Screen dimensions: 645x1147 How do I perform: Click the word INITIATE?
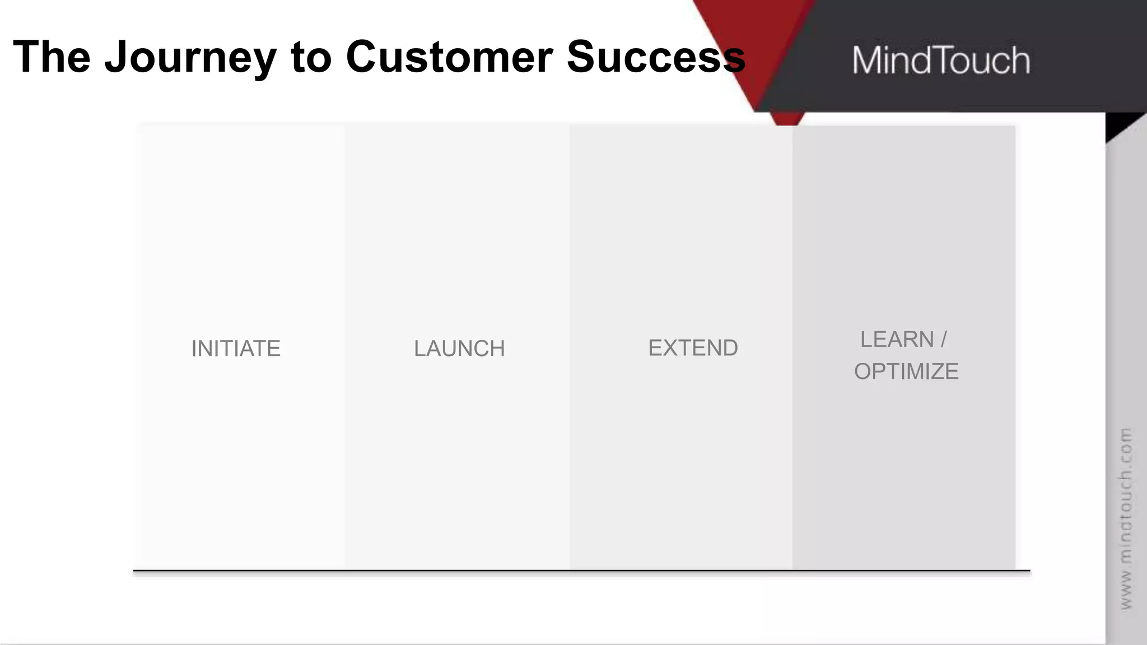(x=236, y=349)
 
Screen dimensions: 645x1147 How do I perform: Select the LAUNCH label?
(x=459, y=349)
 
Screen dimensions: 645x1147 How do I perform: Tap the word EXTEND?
(x=693, y=348)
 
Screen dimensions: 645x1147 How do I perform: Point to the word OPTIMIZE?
(x=906, y=372)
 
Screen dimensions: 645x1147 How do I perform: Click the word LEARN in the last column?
(x=897, y=340)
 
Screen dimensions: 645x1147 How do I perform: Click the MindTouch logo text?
(x=941, y=60)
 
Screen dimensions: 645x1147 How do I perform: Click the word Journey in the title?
(x=190, y=57)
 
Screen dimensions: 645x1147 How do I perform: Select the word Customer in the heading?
(x=449, y=57)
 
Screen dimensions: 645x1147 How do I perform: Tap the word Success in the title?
(x=655, y=57)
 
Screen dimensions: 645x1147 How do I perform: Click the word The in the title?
(x=52, y=57)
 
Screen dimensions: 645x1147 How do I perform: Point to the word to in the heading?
(x=311, y=57)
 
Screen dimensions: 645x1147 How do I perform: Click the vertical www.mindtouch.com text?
(x=1126, y=518)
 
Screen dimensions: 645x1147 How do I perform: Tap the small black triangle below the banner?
(x=1118, y=124)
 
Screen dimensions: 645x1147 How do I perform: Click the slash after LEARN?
(x=944, y=340)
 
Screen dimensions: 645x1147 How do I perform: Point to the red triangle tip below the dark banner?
(x=787, y=119)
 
